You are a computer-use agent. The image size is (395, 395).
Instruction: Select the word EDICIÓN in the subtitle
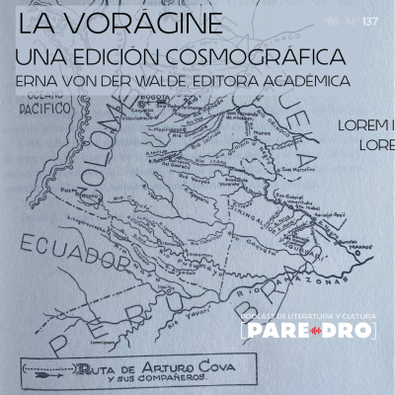pos(111,55)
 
